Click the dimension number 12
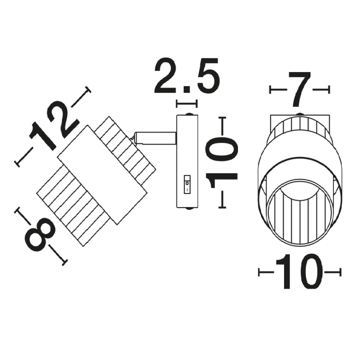click(54, 126)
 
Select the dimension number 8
click(40, 234)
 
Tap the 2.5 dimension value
click(187, 75)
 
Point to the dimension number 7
click(299, 89)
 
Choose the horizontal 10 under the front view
click(299, 272)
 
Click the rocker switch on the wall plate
click(187, 184)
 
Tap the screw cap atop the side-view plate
click(188, 114)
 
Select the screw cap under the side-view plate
click(188, 208)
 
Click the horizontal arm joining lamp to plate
click(155, 138)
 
